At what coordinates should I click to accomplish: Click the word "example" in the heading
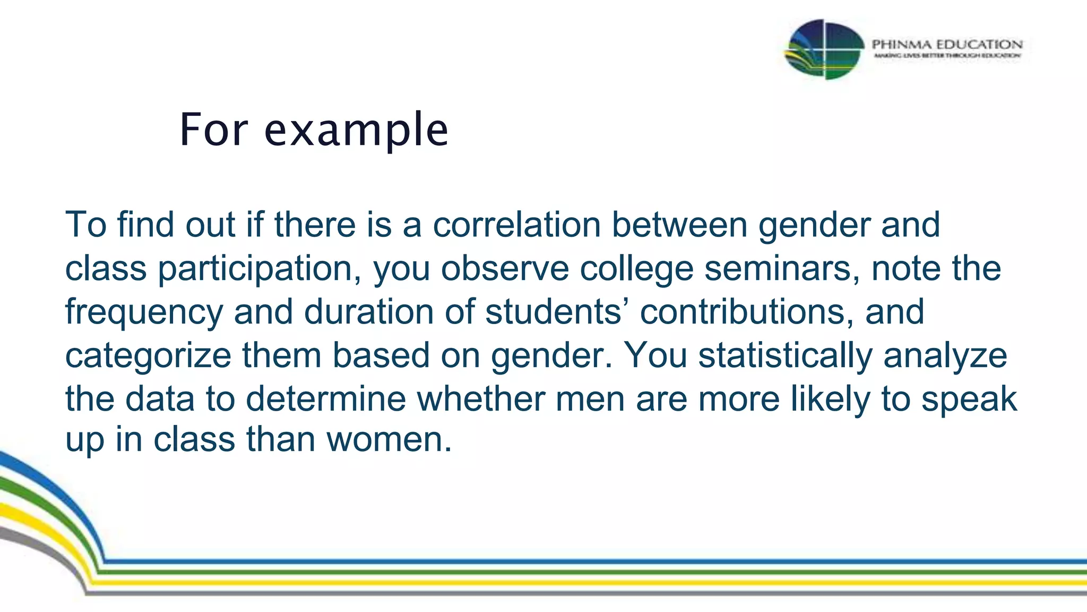coord(356,130)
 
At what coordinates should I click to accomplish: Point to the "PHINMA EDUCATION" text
coord(947,44)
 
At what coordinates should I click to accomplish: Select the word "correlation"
coord(516,225)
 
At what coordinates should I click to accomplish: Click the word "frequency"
coord(144,312)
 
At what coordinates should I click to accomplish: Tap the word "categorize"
coord(148,356)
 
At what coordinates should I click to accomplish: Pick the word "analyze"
coord(945,356)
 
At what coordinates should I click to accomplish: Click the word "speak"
coord(969,399)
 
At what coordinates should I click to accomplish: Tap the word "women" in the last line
coord(389,439)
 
